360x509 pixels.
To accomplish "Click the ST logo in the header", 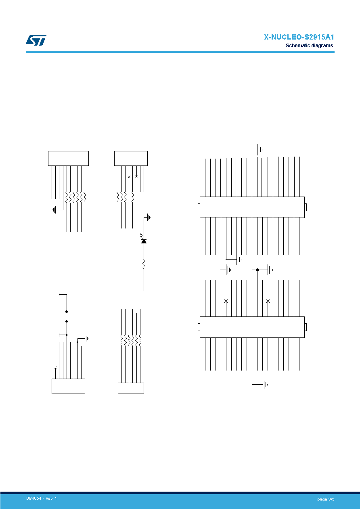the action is pos(36,40).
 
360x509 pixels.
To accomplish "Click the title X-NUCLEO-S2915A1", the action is pos(299,37).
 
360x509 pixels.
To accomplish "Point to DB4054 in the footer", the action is pos(33,499).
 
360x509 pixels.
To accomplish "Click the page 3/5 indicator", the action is pos(326,499).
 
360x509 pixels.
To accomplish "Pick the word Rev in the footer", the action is pos(49,499).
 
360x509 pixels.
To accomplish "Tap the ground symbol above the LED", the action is pos(149,218).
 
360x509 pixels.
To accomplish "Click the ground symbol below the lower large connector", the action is pos(265,385).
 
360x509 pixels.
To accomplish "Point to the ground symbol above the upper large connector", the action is pos(260,150).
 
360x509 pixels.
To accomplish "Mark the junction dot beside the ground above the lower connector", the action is pos(257,270).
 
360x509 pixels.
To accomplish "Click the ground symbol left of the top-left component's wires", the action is pos(54,210).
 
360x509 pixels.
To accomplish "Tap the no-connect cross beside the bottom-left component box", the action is pos(55,368).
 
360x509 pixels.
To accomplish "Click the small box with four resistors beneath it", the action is pos(131,158).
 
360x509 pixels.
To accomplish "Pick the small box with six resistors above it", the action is pos(131,388).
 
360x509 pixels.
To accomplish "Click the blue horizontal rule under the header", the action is pos(180,52).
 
